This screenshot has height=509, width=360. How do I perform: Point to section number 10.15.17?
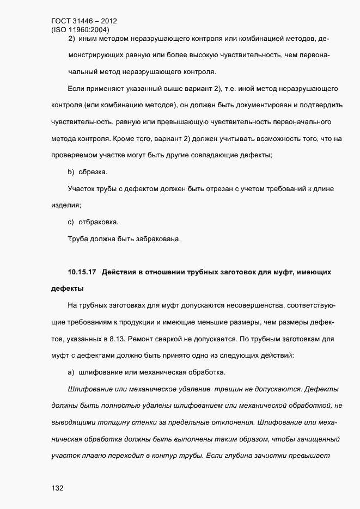tap(81, 271)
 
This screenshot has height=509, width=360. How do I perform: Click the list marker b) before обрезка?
tap(71, 173)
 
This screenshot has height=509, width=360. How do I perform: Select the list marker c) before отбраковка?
tap(71, 222)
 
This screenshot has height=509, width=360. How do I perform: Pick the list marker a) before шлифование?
tap(71, 372)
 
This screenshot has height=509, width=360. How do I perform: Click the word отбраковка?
tap(99, 222)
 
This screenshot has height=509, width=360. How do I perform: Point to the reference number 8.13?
tap(111, 339)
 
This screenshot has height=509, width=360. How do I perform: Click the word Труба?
tap(77, 238)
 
